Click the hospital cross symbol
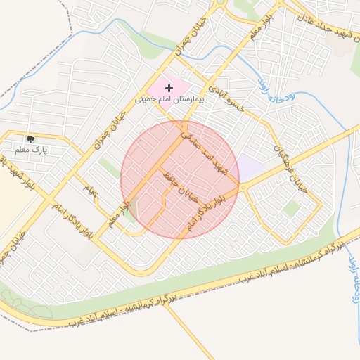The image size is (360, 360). [x=169, y=88]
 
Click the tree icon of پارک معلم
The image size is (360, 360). [x=30, y=139]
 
